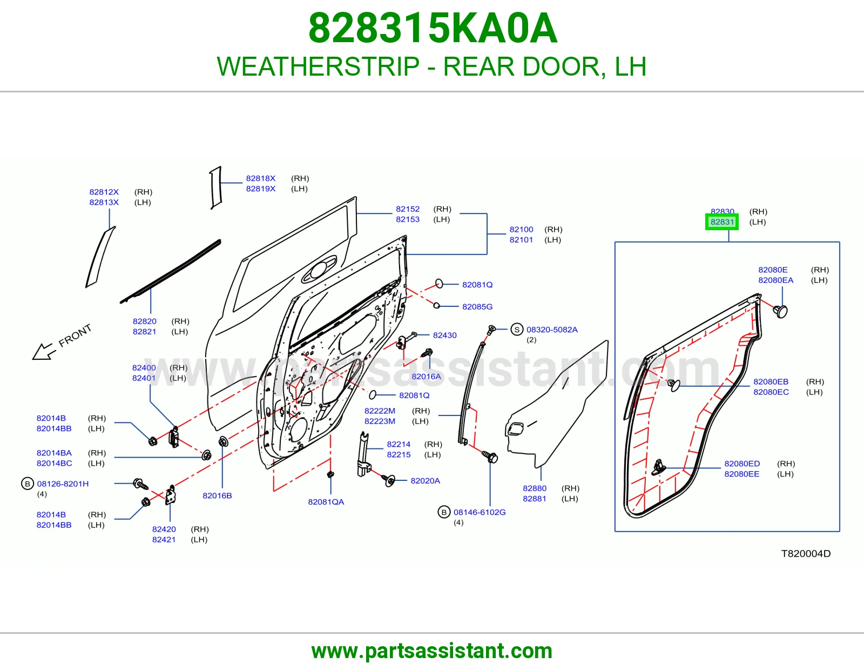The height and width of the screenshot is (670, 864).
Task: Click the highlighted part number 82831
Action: point(722,222)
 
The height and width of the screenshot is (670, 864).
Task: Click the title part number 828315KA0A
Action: point(433,28)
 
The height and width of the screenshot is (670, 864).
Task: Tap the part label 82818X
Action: point(260,178)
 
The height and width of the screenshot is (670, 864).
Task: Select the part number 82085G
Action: point(477,306)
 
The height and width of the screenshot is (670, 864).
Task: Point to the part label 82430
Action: point(444,335)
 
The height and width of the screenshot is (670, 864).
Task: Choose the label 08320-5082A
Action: point(552,330)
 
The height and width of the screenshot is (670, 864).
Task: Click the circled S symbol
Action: point(517,330)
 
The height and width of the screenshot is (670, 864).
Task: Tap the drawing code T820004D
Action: point(806,553)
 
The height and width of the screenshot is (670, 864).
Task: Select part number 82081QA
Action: point(326,502)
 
